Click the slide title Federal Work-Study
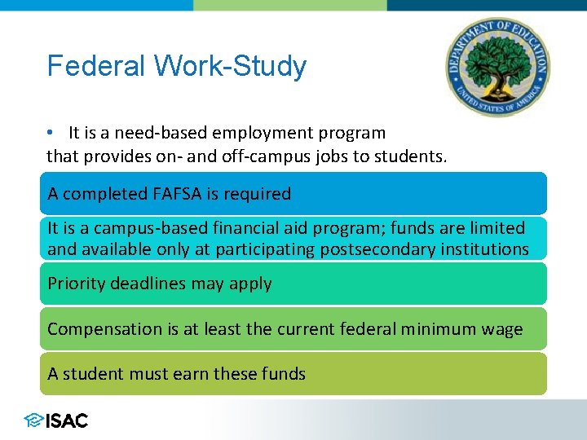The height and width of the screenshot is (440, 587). click(176, 66)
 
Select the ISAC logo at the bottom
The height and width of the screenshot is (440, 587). click(56, 420)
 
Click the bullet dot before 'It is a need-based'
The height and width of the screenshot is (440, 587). click(51, 132)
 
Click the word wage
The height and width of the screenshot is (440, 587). click(504, 329)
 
